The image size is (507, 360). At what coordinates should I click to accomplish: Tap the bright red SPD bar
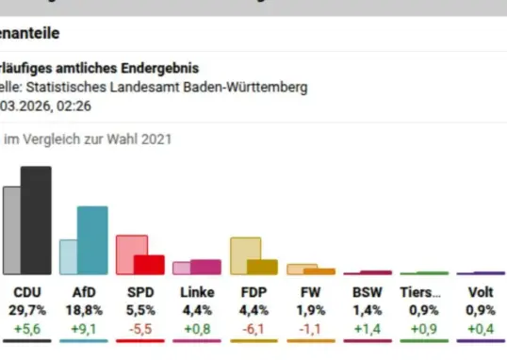150,264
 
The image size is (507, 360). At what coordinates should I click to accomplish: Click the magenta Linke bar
205,267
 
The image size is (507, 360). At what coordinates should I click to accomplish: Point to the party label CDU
25,292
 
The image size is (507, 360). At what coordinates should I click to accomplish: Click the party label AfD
84,292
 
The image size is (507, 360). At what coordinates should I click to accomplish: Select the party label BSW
367,292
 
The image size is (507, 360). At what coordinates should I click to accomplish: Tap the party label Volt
481,292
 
